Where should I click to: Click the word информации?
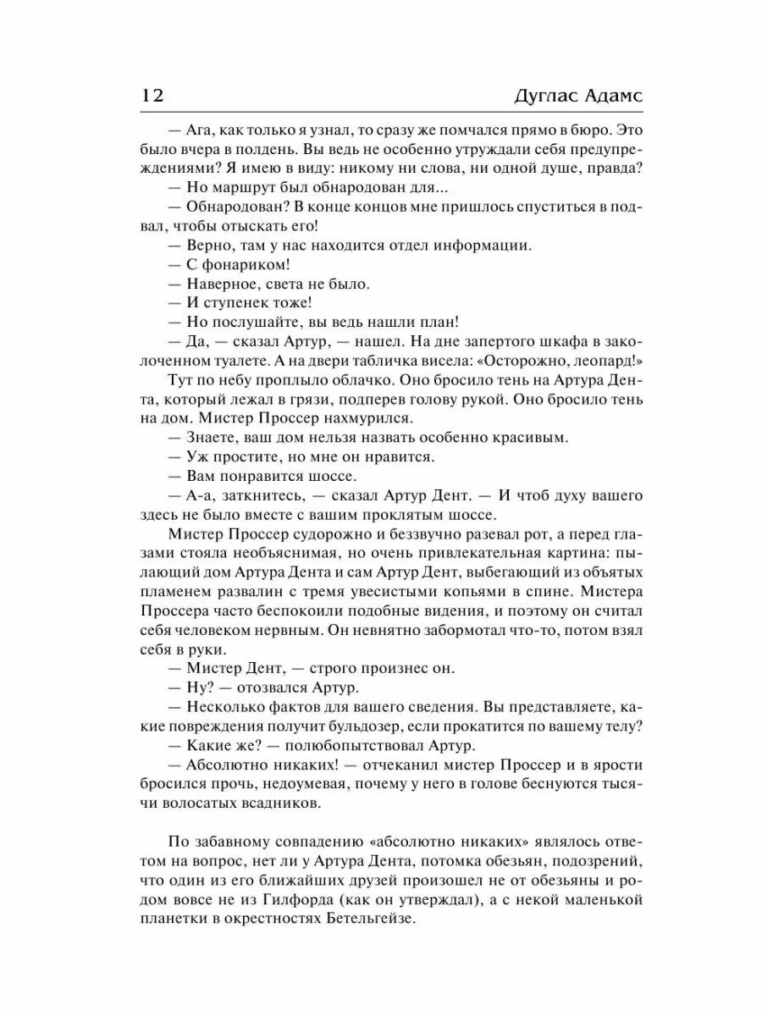(x=481, y=246)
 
